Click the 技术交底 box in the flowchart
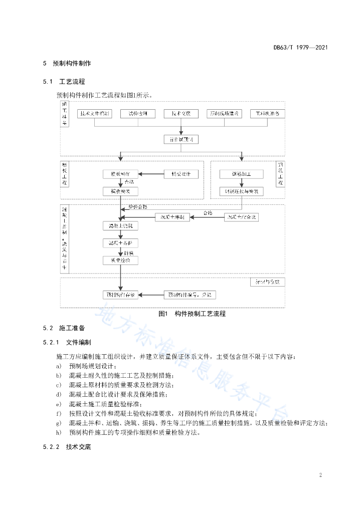[181, 114]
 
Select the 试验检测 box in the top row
[138, 114]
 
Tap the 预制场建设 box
[225, 114]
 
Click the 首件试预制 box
[181, 139]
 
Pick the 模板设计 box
[181, 174]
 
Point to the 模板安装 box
[120, 191]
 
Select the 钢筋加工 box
[241, 174]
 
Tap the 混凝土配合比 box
[243, 217]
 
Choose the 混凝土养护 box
[120, 243]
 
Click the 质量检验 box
[120, 260]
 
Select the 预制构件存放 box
[120, 295]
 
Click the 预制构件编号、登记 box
[191, 295]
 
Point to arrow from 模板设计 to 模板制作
[151, 174]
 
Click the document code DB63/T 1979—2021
[301, 48]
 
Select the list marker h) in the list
[59, 432]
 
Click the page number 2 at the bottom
[320, 474]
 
